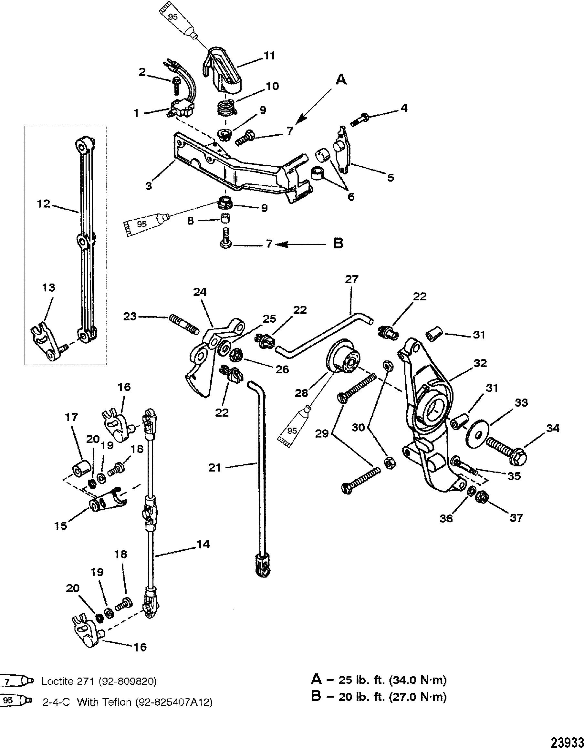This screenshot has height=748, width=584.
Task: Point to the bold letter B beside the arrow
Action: (338, 244)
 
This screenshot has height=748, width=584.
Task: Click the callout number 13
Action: (48, 287)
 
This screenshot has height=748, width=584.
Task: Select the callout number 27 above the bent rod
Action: (351, 279)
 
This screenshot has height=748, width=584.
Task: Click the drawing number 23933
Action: (568, 741)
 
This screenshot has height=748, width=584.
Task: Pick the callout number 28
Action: (302, 393)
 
